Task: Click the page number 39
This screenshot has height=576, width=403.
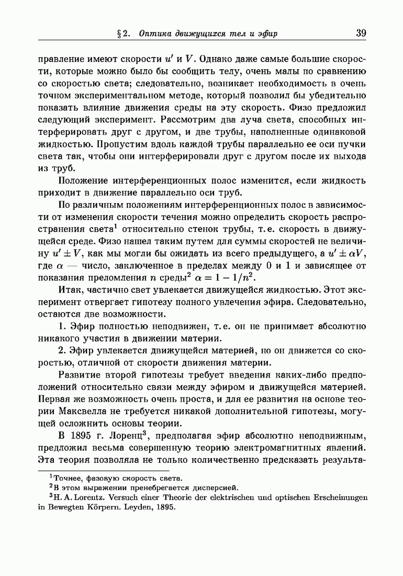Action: coord(361,33)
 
